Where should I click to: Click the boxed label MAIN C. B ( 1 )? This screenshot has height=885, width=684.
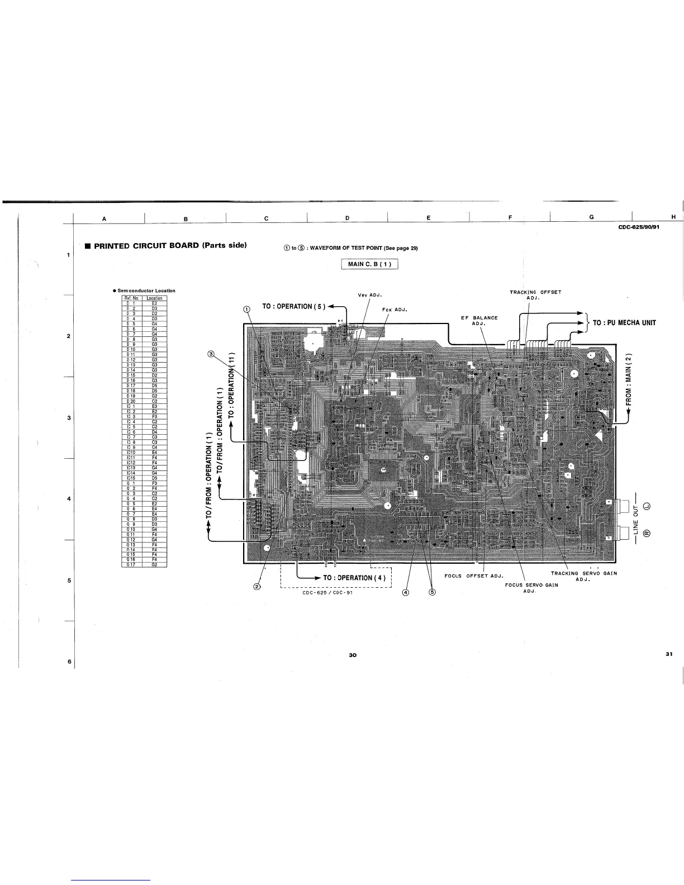pyautogui.click(x=369, y=264)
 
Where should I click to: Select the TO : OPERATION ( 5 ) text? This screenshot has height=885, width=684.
pyautogui.click(x=293, y=306)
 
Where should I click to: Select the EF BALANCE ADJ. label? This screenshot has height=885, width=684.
pyautogui.click(x=479, y=321)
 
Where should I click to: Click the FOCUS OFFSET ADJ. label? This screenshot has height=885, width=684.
pyautogui.click(x=474, y=575)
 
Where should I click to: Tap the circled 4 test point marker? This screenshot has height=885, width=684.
pyautogui.click(x=406, y=593)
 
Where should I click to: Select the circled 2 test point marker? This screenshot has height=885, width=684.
pyautogui.click(x=257, y=586)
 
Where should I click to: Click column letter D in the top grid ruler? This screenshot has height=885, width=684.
pyautogui.click(x=347, y=218)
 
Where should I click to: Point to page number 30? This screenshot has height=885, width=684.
pyautogui.click(x=352, y=654)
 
